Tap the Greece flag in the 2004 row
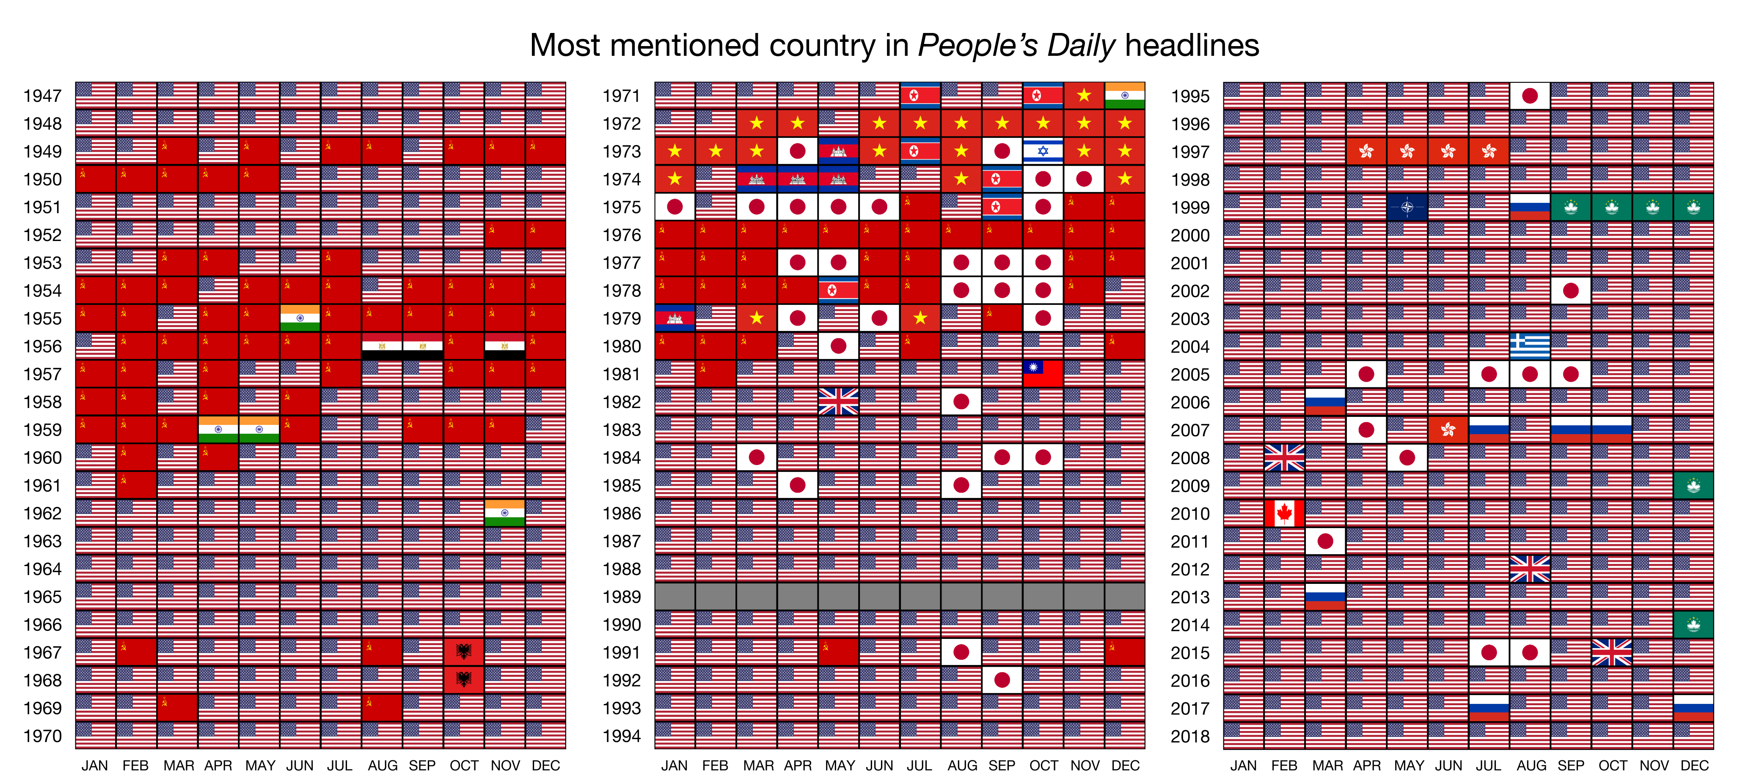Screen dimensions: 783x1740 click(x=1530, y=346)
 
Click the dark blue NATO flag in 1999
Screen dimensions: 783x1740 click(x=1407, y=207)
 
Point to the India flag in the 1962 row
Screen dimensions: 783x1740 click(x=504, y=513)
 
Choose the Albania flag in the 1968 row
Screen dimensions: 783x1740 click(x=463, y=680)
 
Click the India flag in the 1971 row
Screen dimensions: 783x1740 click(x=1125, y=96)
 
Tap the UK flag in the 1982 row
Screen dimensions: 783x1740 click(x=838, y=402)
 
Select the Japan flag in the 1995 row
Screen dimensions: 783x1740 click(x=1530, y=96)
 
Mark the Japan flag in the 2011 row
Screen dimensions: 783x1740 click(x=1325, y=541)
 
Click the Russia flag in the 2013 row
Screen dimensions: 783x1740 click(x=1325, y=597)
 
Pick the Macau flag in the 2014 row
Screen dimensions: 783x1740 click(x=1693, y=625)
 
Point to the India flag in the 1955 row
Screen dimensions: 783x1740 click(x=300, y=318)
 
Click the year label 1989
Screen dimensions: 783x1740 click(x=622, y=597)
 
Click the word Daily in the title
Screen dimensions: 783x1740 click(x=1081, y=46)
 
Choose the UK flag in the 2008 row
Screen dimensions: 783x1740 click(x=1284, y=457)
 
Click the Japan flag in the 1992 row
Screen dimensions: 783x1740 click(x=1002, y=680)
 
